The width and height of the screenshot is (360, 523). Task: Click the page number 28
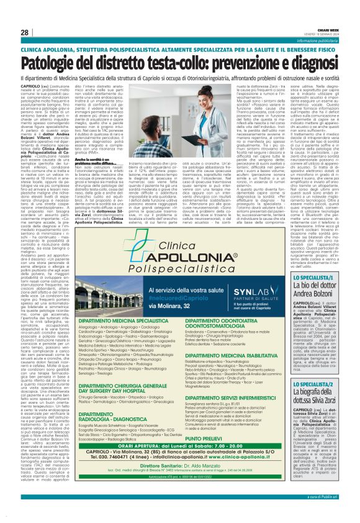24,32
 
